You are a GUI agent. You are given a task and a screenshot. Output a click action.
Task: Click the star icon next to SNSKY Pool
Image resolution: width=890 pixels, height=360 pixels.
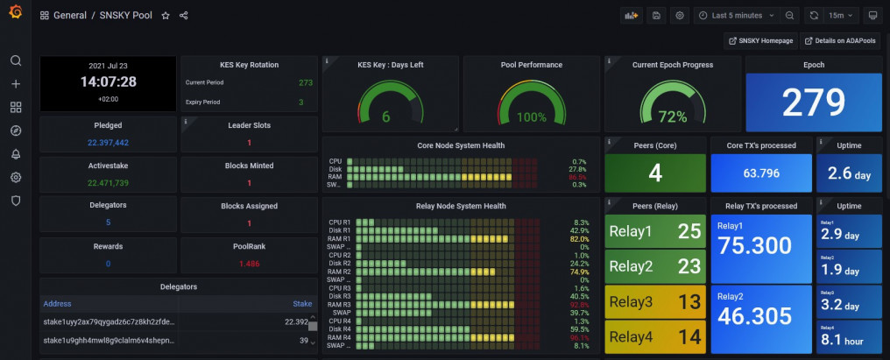(x=166, y=16)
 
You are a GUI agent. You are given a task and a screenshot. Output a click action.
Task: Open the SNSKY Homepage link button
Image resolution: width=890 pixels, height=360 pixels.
(x=759, y=41)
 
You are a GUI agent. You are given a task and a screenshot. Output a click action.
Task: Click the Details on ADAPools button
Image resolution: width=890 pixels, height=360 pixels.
(x=839, y=41)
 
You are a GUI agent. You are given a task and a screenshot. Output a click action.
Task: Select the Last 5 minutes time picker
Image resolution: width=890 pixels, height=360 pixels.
(x=736, y=16)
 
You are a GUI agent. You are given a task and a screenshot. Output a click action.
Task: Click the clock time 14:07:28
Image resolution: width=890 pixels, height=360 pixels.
(x=108, y=81)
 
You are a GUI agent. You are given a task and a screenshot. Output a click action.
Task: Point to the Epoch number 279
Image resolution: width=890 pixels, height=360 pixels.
(x=812, y=102)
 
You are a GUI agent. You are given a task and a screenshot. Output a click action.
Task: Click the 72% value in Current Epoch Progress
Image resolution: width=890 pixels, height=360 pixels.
(x=672, y=116)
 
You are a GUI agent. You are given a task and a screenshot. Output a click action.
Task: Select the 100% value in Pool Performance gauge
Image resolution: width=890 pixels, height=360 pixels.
(x=531, y=116)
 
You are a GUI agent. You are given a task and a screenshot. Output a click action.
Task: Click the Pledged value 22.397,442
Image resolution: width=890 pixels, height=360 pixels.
(x=108, y=143)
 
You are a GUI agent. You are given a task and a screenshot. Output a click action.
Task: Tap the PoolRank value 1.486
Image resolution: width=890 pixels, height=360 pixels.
(x=249, y=263)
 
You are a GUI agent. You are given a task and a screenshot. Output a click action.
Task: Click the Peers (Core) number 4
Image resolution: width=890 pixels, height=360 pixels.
(x=654, y=173)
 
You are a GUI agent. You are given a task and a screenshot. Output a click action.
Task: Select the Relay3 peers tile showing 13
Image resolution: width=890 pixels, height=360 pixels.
(x=654, y=302)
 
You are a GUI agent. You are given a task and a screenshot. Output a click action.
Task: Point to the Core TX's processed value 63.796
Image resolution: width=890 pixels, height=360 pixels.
(x=760, y=173)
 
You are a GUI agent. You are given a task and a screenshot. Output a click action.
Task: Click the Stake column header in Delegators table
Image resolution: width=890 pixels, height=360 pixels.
(x=301, y=304)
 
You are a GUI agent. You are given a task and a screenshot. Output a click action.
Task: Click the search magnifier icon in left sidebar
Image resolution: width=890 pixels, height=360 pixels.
(x=16, y=60)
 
